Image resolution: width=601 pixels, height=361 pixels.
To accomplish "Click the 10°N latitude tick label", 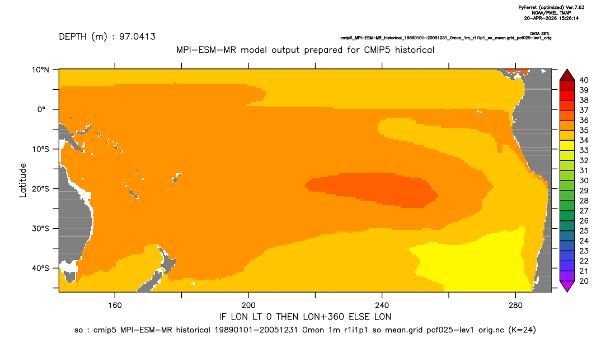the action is (x=40, y=70).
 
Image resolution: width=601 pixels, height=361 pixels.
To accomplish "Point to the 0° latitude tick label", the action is (x=42, y=109).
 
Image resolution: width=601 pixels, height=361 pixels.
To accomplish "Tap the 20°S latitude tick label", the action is (x=40, y=189).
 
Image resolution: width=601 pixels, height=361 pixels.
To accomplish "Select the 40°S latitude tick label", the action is (x=40, y=268).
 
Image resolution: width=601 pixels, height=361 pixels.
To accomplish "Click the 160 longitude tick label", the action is (x=115, y=306).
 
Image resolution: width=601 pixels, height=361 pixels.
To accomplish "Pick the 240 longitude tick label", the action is (x=382, y=306).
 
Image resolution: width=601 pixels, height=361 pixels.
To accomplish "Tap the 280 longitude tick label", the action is (x=515, y=306).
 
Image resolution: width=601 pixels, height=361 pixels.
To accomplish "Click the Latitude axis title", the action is (x=23, y=180).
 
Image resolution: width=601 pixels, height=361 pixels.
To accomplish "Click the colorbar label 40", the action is (x=584, y=80).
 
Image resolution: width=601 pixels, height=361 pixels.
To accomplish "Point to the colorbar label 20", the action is (x=584, y=281).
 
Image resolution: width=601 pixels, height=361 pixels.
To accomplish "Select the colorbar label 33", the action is (x=584, y=151).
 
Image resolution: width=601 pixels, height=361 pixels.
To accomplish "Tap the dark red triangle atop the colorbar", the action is (x=567, y=75).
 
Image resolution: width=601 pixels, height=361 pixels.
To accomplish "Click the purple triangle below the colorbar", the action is (x=567, y=286).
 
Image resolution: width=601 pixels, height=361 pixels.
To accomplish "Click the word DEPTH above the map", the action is (x=73, y=37).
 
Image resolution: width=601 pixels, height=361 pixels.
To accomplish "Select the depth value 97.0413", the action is (x=137, y=37).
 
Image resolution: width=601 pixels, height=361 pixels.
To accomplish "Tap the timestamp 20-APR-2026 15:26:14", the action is (x=552, y=18).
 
